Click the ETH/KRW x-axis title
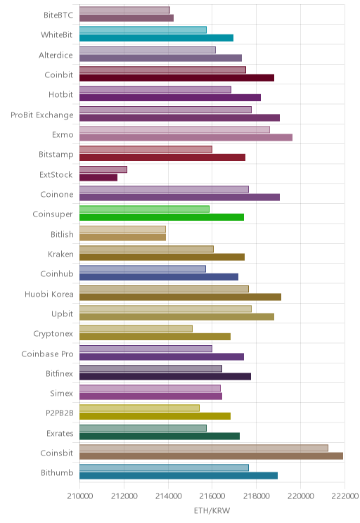(212, 510)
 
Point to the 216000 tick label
(212, 496)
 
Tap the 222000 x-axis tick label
(345, 496)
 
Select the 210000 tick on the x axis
(80, 496)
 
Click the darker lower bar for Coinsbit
(211, 456)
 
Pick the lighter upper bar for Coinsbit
(204, 448)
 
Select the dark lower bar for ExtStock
(98, 177)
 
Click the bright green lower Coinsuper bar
(162, 217)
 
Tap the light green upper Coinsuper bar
(144, 209)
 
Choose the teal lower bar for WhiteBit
(157, 38)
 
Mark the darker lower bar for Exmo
(186, 137)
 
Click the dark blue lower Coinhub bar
(159, 277)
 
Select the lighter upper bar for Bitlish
(123, 229)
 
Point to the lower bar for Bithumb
(179, 476)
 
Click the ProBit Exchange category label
(42, 115)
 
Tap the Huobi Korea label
(49, 294)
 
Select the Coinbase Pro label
(47, 354)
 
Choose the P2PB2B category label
(59, 413)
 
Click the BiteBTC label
(58, 15)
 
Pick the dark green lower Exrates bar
(160, 436)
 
